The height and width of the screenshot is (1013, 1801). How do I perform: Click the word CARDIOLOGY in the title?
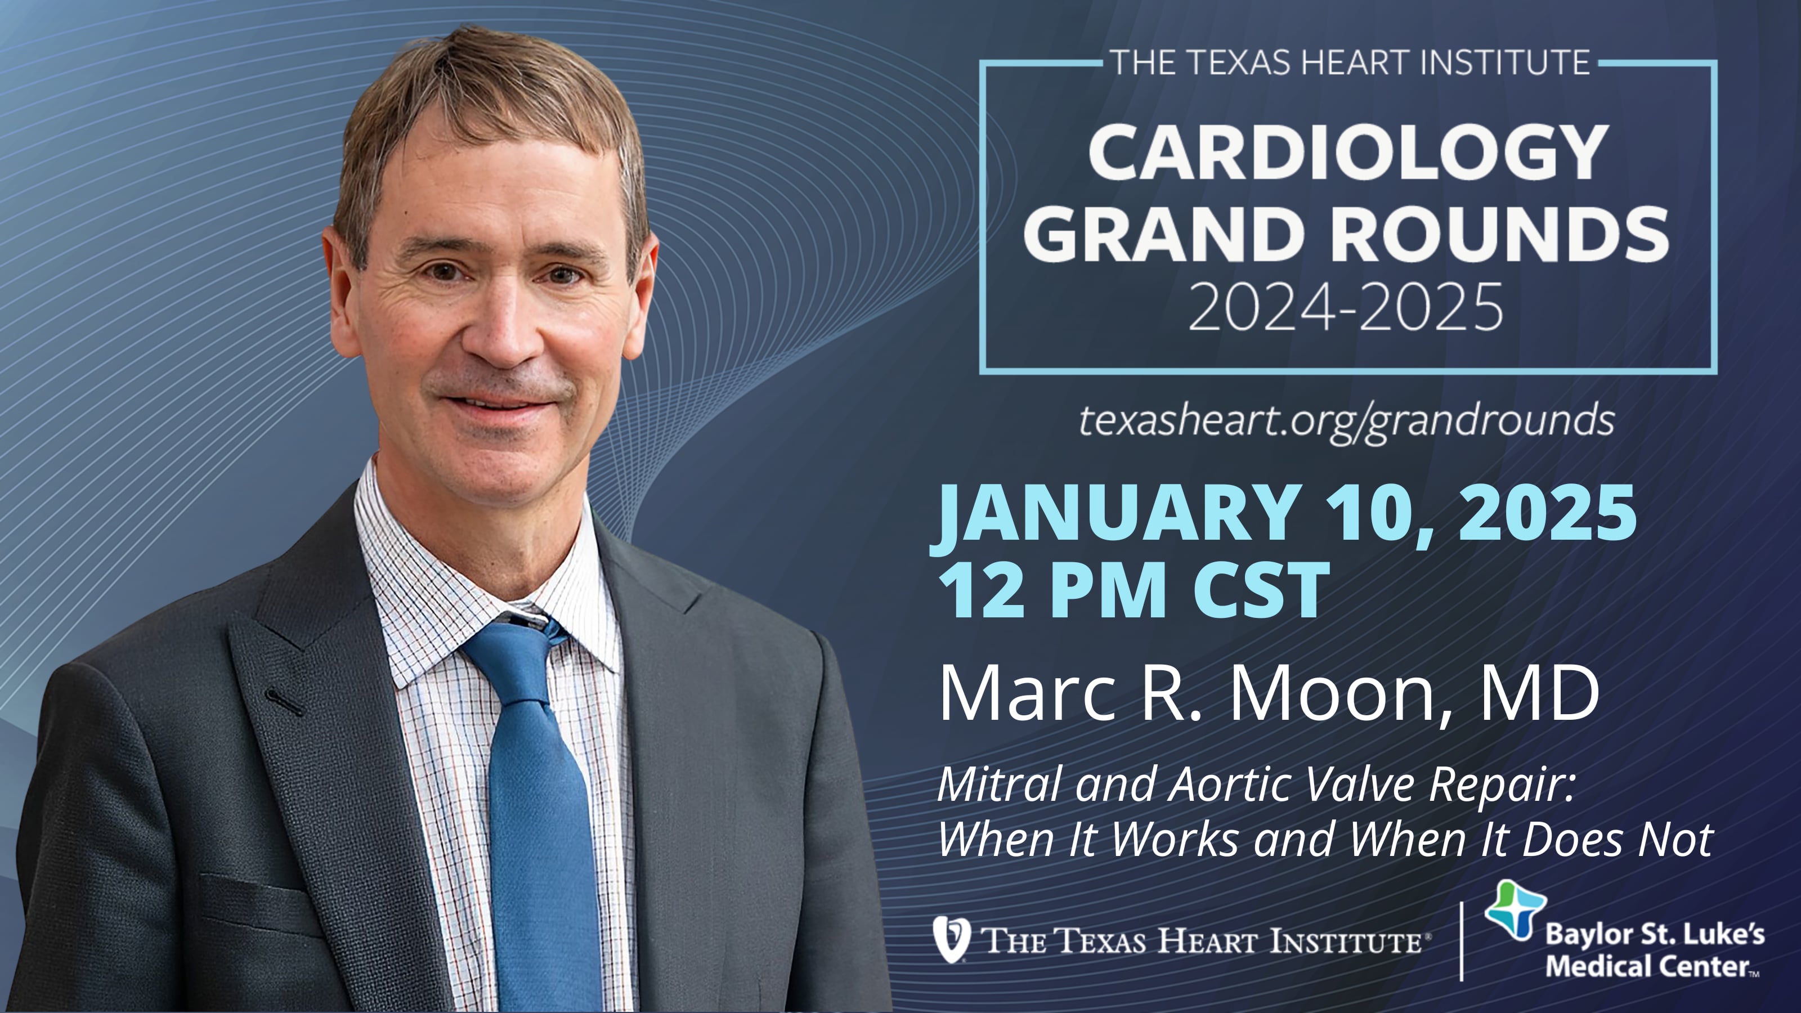tap(1348, 153)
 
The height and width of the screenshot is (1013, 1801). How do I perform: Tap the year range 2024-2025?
tap(1346, 308)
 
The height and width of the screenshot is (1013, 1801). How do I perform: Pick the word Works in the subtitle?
tap(1174, 839)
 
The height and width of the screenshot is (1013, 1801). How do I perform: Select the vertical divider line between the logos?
tap(1461, 941)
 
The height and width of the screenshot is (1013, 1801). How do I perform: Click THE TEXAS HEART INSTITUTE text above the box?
tap(1350, 63)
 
